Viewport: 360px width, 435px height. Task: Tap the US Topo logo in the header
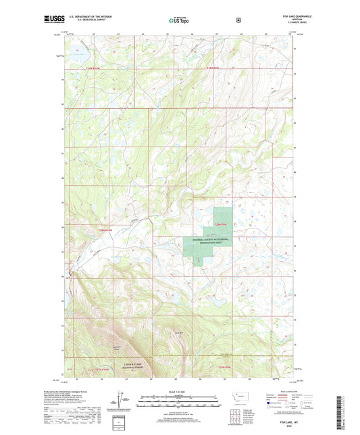[x=180, y=21]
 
